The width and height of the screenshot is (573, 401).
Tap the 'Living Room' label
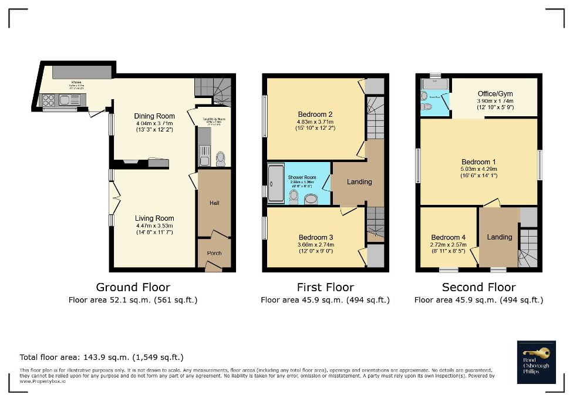tap(155, 218)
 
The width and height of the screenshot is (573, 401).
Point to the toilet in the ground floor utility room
tap(221, 159)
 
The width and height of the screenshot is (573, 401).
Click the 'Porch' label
tap(214, 253)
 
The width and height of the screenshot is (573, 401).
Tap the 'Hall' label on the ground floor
tap(214, 203)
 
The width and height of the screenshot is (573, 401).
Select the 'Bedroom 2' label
tap(315, 114)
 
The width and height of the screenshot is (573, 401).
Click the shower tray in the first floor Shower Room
tap(275, 183)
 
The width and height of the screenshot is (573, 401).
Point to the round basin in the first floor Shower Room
tap(311, 200)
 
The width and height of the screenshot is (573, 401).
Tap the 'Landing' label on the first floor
tap(359, 182)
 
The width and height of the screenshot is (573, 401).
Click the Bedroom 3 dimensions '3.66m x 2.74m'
tap(315, 244)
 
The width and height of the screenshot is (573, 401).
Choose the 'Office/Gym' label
tap(494, 94)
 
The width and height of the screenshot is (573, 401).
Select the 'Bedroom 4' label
tap(449, 238)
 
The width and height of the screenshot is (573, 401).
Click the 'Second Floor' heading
tap(478, 287)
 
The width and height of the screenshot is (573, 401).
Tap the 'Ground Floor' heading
tap(133, 287)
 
